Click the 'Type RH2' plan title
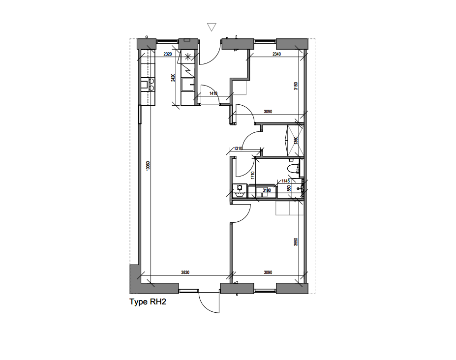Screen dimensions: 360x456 tap(148, 302)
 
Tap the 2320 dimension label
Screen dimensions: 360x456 tap(167, 54)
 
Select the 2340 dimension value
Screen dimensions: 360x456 tap(276, 54)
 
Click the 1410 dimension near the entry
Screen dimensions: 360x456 tap(213, 93)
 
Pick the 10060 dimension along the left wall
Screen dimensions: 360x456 tap(147, 166)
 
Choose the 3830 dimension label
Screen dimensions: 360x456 tap(185, 272)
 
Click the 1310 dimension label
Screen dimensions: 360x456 tap(239, 149)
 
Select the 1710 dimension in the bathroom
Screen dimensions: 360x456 tap(252, 175)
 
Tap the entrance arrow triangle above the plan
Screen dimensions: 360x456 tap(212, 27)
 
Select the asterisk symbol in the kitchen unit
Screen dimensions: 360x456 tap(188, 56)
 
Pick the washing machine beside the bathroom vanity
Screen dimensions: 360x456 tap(240, 189)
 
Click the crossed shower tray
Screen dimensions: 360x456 tap(294, 141)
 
